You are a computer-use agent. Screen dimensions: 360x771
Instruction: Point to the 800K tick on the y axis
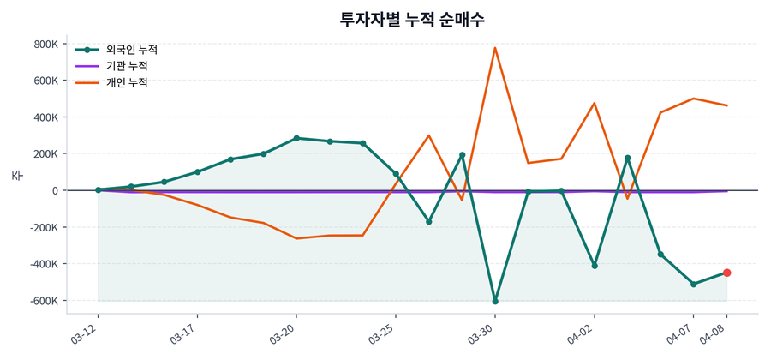tap(45, 44)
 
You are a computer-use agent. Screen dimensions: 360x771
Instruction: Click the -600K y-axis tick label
tap(43, 301)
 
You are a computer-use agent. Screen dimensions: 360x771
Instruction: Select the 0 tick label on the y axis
tap(54, 190)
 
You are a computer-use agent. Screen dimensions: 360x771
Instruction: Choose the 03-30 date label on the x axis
tap(482, 331)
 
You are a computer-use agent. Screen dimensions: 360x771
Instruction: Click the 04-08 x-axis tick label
tap(714, 331)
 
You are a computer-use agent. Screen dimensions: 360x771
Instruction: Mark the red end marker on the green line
tap(726, 273)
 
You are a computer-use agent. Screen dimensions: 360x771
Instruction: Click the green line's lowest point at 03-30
tap(495, 302)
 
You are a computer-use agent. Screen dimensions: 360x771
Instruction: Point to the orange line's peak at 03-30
tap(495, 48)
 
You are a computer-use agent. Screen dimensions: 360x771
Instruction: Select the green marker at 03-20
tap(296, 138)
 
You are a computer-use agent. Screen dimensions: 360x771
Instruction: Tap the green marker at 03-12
tap(98, 190)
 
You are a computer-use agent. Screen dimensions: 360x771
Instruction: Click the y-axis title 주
tap(16, 176)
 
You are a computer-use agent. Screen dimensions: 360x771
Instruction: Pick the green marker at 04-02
tap(595, 266)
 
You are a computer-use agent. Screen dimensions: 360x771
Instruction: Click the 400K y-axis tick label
tap(45, 117)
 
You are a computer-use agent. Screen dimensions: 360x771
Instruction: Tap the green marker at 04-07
tap(694, 284)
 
